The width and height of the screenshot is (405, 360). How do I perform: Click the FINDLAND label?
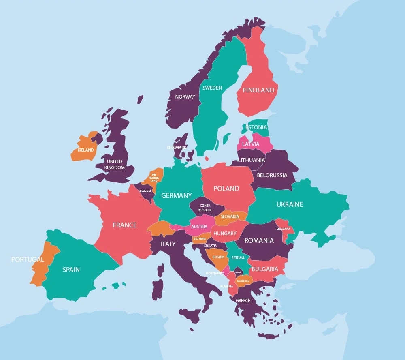(258, 90)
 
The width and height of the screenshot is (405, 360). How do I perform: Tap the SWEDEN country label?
(212, 88)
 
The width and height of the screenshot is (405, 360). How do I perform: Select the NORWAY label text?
(185, 97)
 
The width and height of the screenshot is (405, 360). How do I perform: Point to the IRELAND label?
(86, 150)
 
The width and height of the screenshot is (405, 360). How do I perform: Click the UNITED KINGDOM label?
(115, 164)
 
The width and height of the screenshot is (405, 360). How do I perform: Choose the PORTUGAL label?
(28, 259)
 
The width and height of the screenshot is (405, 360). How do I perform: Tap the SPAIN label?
(71, 270)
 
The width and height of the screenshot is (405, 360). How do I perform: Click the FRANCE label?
(125, 225)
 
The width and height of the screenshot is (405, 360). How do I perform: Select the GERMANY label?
(177, 195)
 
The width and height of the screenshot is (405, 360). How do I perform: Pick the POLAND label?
(226, 189)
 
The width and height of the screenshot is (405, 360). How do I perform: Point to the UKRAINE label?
(290, 204)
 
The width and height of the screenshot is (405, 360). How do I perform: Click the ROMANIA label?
(259, 240)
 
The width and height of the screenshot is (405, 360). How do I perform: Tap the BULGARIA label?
(265, 269)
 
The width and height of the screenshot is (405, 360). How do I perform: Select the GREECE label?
(243, 300)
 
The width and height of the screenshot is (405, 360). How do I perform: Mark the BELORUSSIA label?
(272, 175)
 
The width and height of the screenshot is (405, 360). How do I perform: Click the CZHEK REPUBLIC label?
(205, 208)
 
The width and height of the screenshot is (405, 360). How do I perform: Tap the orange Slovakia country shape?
(230, 217)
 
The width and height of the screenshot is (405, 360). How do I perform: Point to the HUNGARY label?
(225, 234)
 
